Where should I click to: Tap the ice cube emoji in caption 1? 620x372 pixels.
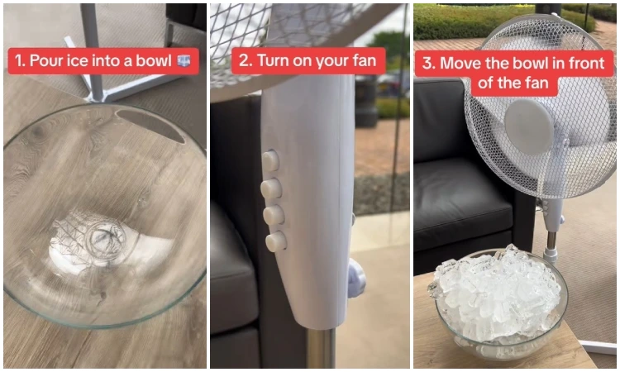(184, 61)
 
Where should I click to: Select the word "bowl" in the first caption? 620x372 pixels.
(154, 60)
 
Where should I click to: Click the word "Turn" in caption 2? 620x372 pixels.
(274, 60)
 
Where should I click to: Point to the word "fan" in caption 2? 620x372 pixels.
(365, 61)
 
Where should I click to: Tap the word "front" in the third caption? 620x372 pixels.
(587, 64)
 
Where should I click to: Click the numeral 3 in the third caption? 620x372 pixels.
(427, 64)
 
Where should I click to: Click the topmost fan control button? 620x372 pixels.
(271, 160)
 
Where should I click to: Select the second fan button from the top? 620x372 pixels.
(271, 188)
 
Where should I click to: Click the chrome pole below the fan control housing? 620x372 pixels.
(321, 349)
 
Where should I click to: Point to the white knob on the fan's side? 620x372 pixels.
(356, 277)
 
